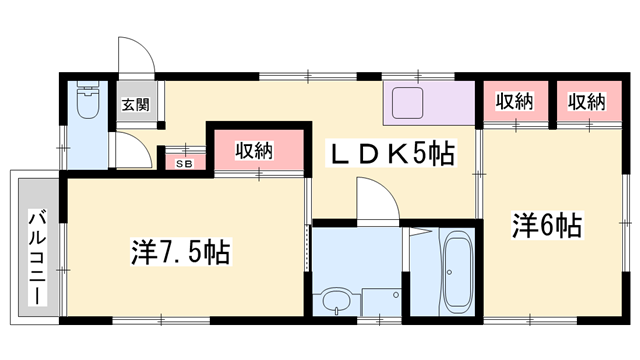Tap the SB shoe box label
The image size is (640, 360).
point(184,163)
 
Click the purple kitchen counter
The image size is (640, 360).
point(427,103)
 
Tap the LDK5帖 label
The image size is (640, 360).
point(394,152)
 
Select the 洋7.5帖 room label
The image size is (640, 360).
point(181,252)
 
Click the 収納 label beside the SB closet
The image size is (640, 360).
point(254,151)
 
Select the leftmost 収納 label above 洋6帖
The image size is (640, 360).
point(512,101)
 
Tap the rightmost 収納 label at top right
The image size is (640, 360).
point(587,101)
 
